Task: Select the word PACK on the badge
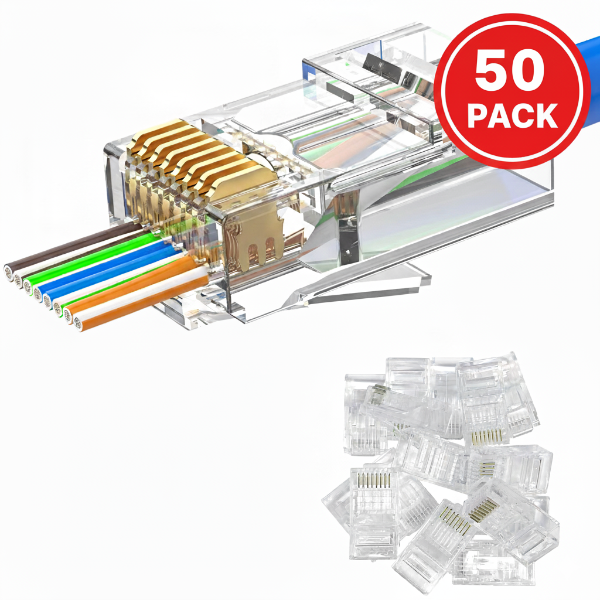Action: click(x=513, y=115)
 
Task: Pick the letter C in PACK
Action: click(x=523, y=115)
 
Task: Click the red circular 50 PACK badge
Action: click(x=512, y=91)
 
